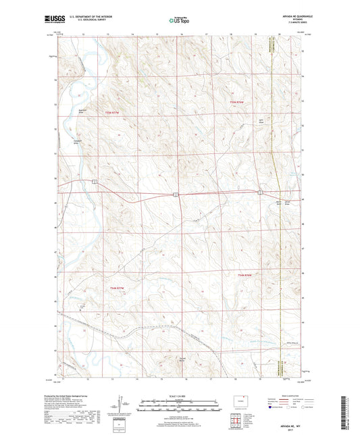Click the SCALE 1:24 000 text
point(179,396)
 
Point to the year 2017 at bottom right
point(286,424)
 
